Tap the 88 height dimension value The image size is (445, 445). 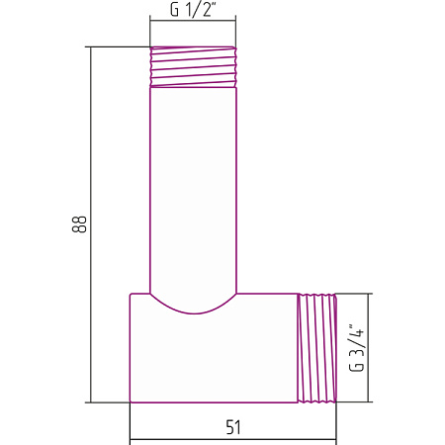pyautogui.click(x=79, y=224)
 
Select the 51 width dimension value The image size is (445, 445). pyautogui.click(x=233, y=427)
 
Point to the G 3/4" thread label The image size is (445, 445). pyautogui.click(x=357, y=348)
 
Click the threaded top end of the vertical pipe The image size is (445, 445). pyautogui.click(x=193, y=67)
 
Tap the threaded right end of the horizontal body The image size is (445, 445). pyautogui.click(x=317, y=348)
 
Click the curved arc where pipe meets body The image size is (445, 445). pyautogui.click(x=194, y=312)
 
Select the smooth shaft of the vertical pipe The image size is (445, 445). pyautogui.click(x=193, y=190)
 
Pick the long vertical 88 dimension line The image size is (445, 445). pyautogui.click(x=90, y=224)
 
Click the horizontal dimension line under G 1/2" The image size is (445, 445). pyautogui.click(x=193, y=21)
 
